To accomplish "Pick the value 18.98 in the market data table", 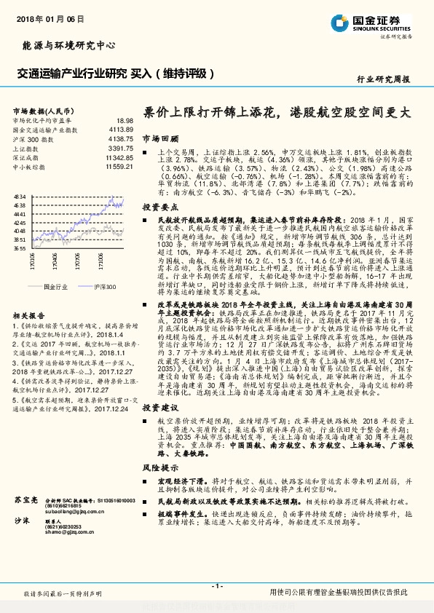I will coord(124,120).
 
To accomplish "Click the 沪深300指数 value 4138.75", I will coord(119,138).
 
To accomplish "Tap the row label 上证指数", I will coord(28,147).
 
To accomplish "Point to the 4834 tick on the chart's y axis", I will coord(20,197).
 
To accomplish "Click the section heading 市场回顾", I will coord(160,138).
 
